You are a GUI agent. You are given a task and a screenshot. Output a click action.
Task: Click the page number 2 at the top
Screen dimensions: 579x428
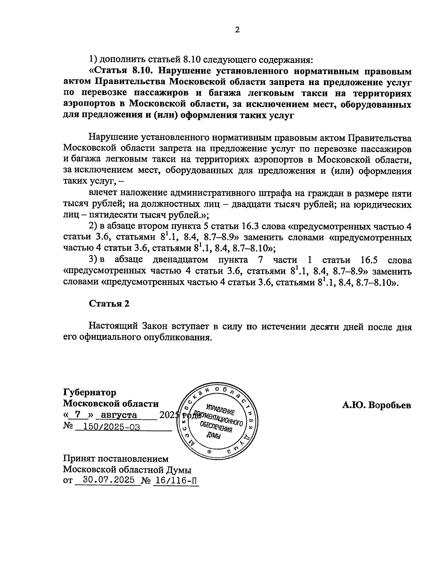[237, 30]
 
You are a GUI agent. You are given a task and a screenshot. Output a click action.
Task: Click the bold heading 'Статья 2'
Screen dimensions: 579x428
[109, 303]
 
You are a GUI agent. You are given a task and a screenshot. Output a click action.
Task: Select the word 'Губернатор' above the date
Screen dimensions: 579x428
[90, 392]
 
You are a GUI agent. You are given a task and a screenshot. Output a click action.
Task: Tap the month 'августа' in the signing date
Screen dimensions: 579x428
[119, 415]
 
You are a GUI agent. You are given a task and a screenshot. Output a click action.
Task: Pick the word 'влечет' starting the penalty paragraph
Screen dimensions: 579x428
[103, 193]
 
